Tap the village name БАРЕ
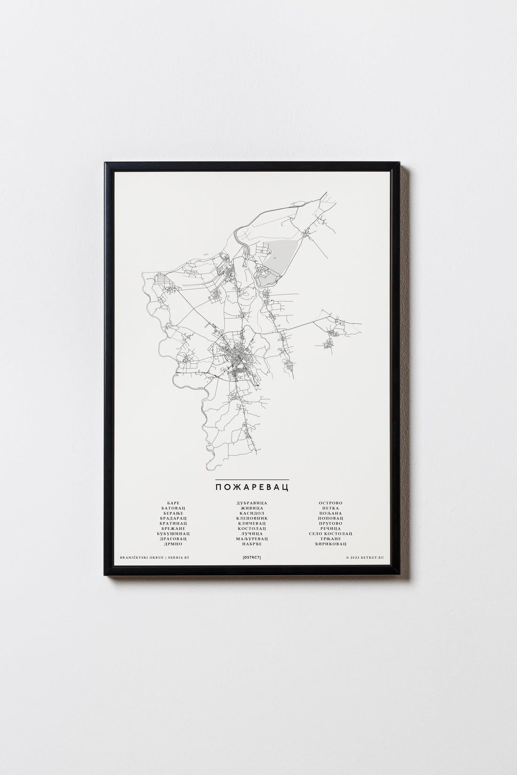[x=173, y=503]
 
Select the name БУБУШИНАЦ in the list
[x=173, y=534]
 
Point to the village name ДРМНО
[x=173, y=544]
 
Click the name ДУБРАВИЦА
[x=252, y=503]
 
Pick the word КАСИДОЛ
[x=252, y=513]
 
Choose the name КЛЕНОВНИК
[x=252, y=518]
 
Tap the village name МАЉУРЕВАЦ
[x=252, y=539]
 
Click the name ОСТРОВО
[x=331, y=503]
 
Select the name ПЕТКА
[x=331, y=508]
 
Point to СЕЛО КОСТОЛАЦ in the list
[x=331, y=534]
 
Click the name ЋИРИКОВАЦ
[x=331, y=544]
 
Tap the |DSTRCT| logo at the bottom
[x=252, y=558]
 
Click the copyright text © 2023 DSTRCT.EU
[x=364, y=558]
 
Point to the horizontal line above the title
[x=251, y=479]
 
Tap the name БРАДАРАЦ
[x=173, y=518]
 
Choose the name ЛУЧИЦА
[x=252, y=534]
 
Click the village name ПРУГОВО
[x=331, y=523]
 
